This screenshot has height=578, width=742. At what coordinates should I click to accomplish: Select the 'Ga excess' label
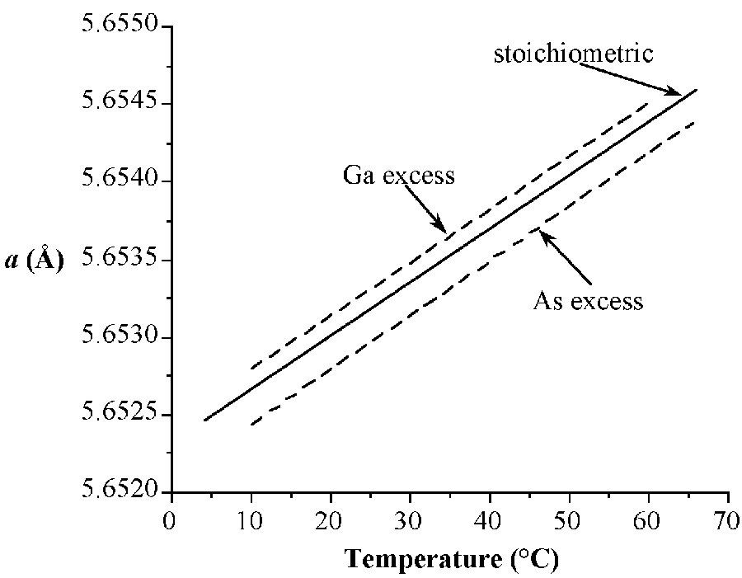398,176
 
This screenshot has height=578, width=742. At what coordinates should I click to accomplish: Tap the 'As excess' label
588,300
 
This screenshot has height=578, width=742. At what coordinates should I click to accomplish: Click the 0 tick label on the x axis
171,523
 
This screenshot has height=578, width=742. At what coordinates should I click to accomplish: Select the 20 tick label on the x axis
330,523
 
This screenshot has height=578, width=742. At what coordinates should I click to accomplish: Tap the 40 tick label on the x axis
490,523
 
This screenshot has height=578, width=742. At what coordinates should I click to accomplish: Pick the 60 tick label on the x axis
649,523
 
